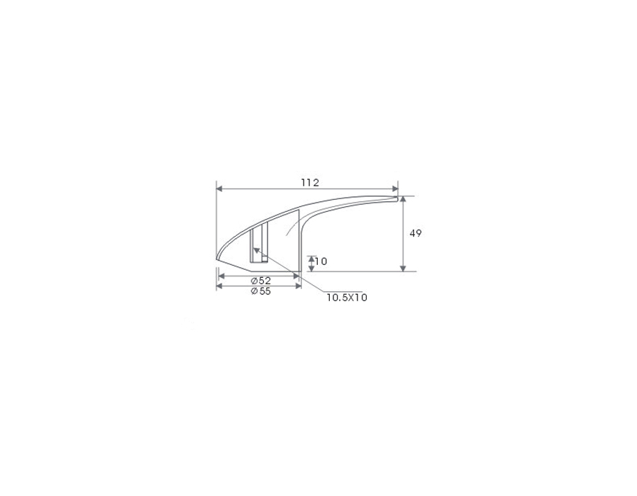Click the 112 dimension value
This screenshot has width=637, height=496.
point(310,183)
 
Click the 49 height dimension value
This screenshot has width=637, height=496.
point(415,233)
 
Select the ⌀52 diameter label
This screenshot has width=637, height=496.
point(260,281)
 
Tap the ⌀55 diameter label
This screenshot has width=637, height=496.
point(260,291)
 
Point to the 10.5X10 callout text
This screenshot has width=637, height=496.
point(347,298)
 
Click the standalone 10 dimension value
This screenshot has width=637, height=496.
point(321,261)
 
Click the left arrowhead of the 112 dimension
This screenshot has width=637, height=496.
point(219,188)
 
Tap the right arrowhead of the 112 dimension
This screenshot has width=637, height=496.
point(395,188)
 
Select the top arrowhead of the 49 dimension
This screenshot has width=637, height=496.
point(403,199)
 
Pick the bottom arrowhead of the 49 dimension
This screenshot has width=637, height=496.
point(403,268)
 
